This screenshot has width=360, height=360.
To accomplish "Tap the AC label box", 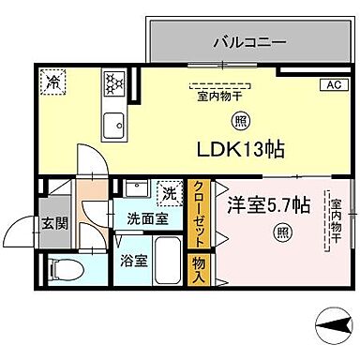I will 332,85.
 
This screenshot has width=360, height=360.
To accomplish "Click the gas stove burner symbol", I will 112,82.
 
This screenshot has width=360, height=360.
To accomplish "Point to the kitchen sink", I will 114,122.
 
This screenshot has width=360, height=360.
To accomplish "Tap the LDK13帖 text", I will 240,149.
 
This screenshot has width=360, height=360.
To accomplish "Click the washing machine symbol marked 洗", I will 170,193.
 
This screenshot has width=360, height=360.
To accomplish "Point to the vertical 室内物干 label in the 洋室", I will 334,222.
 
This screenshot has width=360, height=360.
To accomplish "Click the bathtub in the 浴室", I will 168,262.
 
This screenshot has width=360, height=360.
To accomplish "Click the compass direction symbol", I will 334,330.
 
